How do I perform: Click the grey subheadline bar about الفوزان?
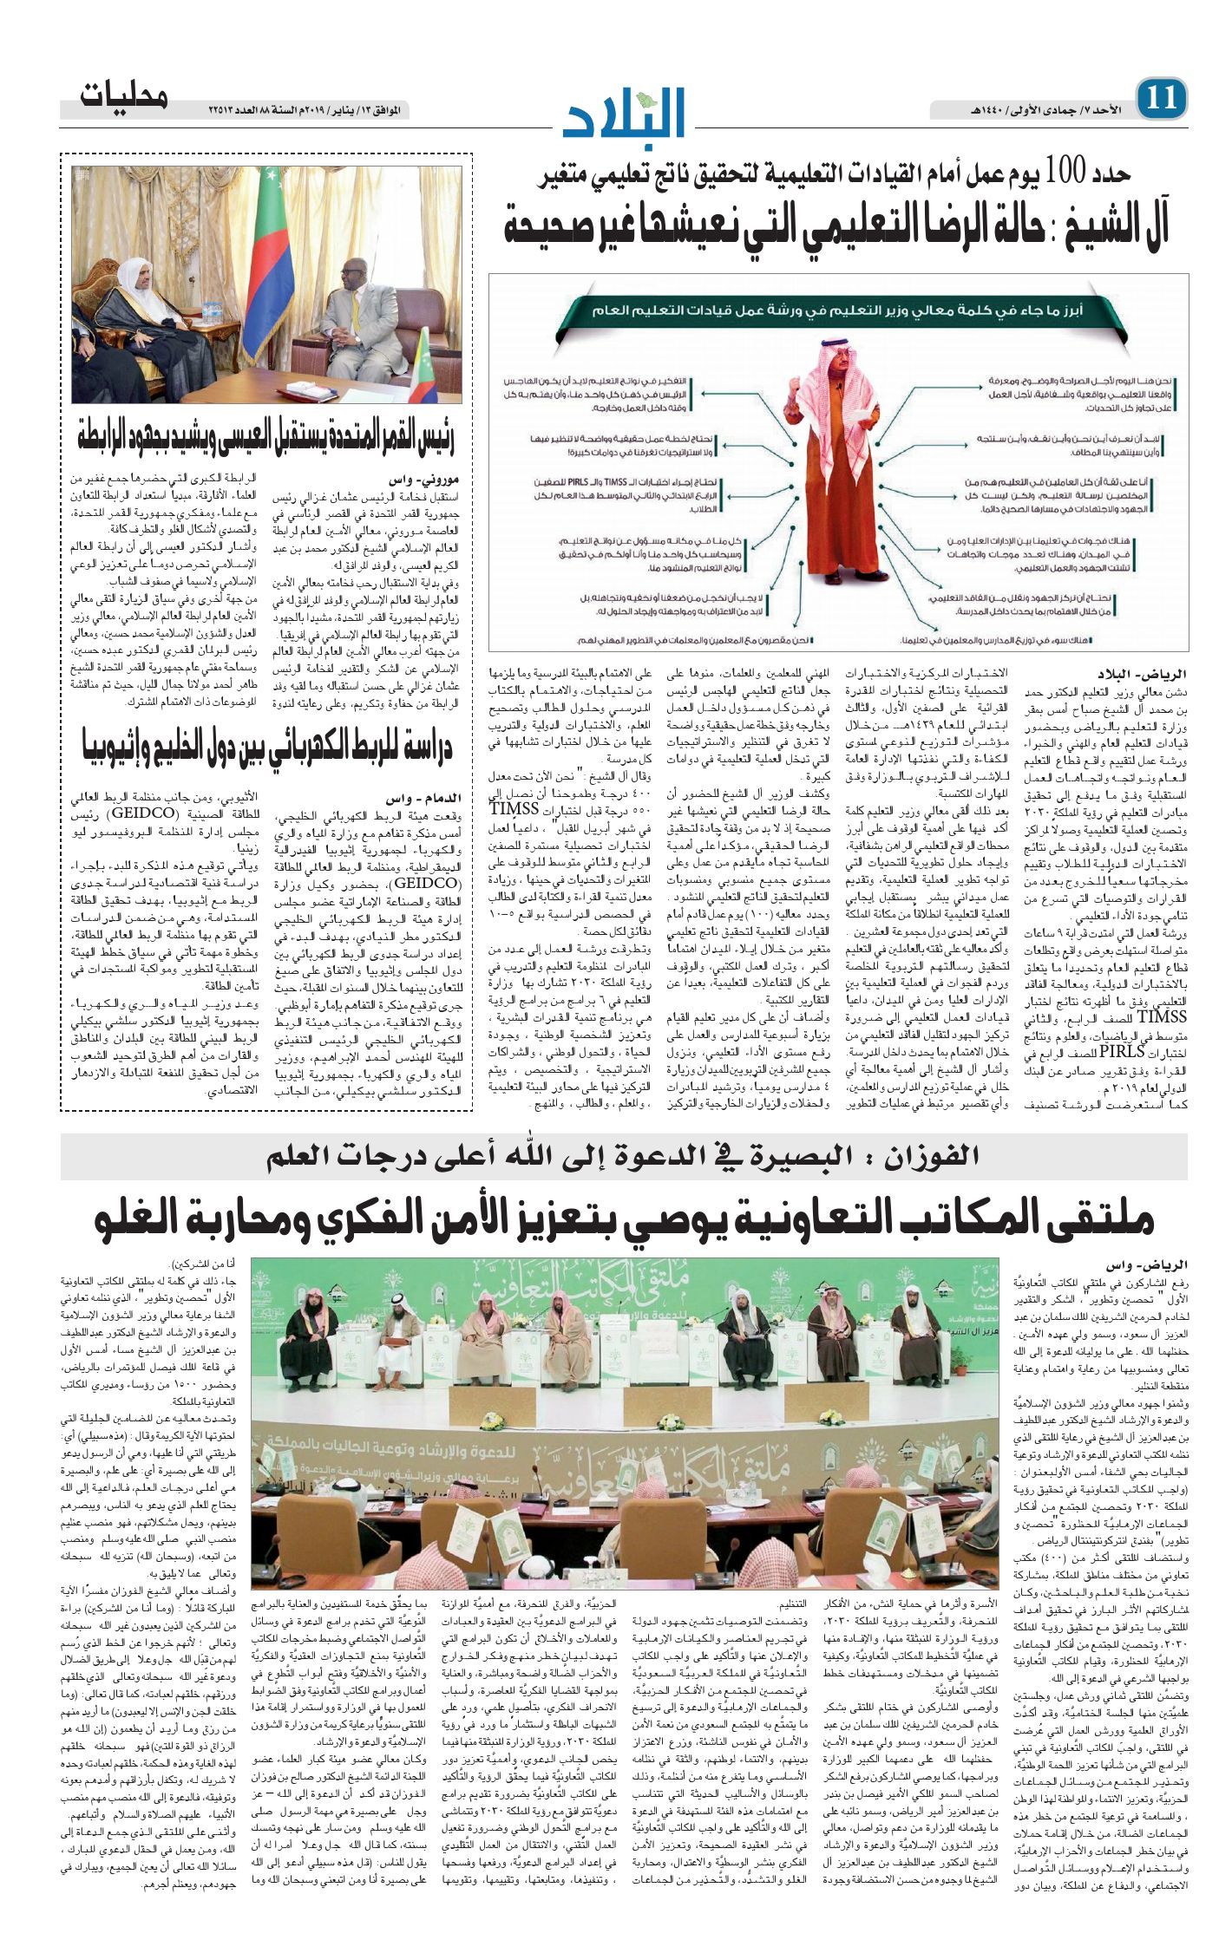point(623,1155)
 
